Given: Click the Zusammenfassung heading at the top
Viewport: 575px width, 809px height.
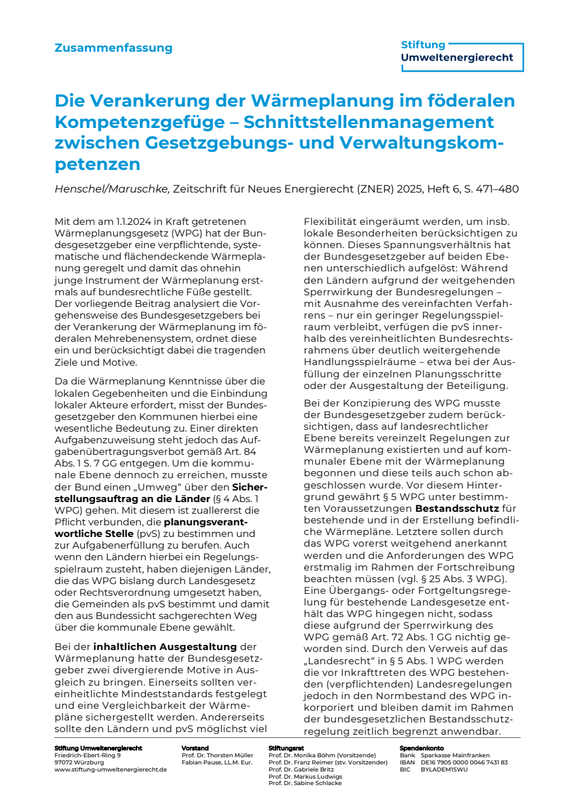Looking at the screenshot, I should (113, 48).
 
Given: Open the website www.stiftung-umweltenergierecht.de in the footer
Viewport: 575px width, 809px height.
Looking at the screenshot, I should (111, 770).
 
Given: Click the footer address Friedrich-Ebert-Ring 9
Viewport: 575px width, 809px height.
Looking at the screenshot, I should (87, 755).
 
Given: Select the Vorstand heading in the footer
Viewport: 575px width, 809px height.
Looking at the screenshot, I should (195, 748).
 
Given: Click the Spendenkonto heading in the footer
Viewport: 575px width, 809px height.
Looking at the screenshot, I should (421, 748).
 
